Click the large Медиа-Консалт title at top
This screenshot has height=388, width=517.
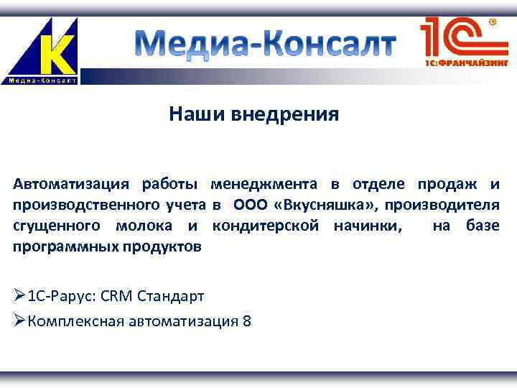click(266, 45)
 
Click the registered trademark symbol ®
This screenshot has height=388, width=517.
click(493, 22)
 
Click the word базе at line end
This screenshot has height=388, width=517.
click(482, 226)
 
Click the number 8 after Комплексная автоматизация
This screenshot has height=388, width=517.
click(247, 321)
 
